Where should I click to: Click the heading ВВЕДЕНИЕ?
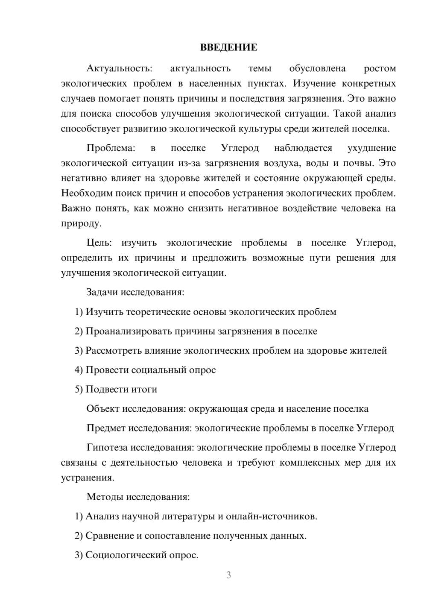point(228,47)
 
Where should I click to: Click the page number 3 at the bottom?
point(228,575)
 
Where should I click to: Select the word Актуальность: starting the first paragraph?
point(119,68)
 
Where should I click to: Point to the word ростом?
point(380,68)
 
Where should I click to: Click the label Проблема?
point(111,148)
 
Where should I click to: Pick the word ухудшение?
point(371,148)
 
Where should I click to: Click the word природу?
point(81,223)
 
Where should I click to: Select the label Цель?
point(99,243)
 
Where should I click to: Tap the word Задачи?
point(102,293)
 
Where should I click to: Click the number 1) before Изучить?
point(79,312)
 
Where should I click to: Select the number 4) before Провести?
point(79,370)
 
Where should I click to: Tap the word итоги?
point(143,390)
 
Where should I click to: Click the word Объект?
point(103,409)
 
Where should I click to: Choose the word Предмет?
point(106,428)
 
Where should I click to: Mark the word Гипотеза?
point(107,448)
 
